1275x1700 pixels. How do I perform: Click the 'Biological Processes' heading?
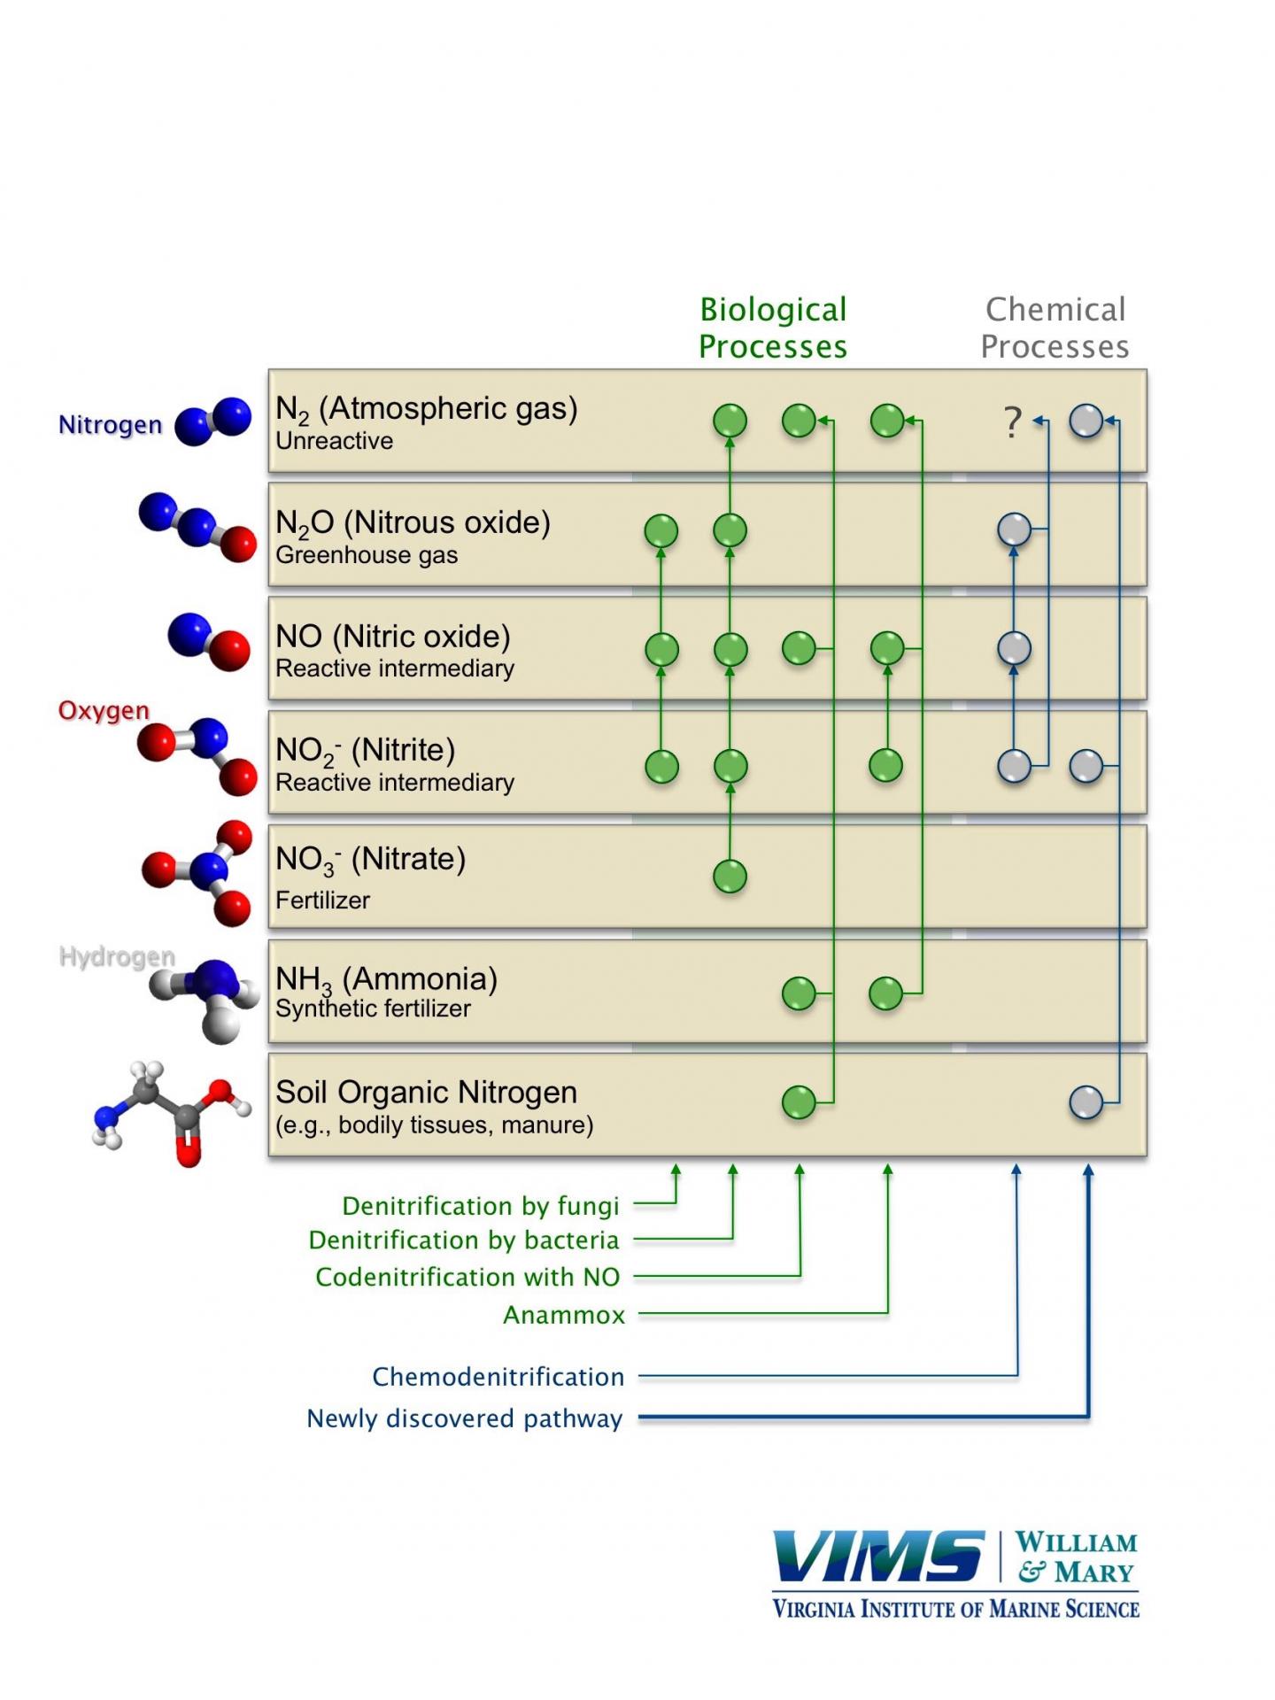pyautogui.click(x=773, y=328)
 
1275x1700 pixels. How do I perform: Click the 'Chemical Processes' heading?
pyautogui.click(x=1055, y=328)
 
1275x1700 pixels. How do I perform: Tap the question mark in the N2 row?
pyautogui.click(x=1013, y=422)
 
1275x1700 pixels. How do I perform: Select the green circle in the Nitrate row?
pyautogui.click(x=730, y=877)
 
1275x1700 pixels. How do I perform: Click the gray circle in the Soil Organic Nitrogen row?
pyautogui.click(x=1086, y=1102)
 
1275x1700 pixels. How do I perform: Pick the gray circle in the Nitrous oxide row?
pyautogui.click(x=1014, y=529)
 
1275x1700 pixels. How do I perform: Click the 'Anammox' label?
pyautogui.click(x=564, y=1315)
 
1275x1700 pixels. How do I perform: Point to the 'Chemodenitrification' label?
pyautogui.click(x=498, y=1377)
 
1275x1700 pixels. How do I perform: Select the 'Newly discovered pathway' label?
pyautogui.click(x=464, y=1418)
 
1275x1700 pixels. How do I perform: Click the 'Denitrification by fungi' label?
pyautogui.click(x=480, y=1206)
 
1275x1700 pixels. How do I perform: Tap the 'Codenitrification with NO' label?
pyautogui.click(x=467, y=1277)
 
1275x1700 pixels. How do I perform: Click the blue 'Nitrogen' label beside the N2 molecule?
pyautogui.click(x=110, y=425)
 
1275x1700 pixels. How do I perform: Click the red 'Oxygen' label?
pyautogui.click(x=104, y=711)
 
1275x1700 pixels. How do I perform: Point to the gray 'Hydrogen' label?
pyautogui.click(x=117, y=956)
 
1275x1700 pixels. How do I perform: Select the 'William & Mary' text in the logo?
pyautogui.click(x=1076, y=1557)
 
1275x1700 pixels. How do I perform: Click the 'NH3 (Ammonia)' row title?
pyautogui.click(x=386, y=978)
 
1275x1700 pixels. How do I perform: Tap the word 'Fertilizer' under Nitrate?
pyautogui.click(x=322, y=900)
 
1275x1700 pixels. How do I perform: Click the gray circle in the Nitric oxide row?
pyautogui.click(x=1014, y=648)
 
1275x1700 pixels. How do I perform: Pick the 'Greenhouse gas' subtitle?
pyautogui.click(x=367, y=555)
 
